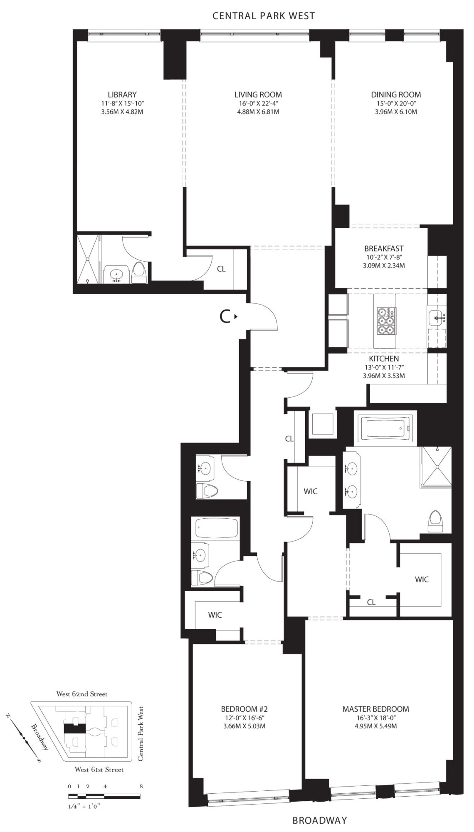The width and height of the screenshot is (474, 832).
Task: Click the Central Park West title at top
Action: [264, 16]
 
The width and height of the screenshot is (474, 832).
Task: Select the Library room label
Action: [122, 94]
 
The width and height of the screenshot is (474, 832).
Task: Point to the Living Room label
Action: [258, 94]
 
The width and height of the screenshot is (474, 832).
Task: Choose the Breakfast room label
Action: [384, 248]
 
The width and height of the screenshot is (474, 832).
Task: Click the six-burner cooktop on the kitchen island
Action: [385, 321]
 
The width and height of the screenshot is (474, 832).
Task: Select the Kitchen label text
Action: [384, 359]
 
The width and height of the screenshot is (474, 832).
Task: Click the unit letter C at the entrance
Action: [225, 317]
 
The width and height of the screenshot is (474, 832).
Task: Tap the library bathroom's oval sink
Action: [116, 274]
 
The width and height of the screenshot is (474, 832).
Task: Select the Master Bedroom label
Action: [375, 709]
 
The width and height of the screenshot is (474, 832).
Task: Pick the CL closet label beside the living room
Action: [221, 269]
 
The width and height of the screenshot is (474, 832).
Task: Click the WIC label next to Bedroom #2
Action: [215, 614]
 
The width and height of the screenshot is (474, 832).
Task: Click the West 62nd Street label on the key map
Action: [82, 694]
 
